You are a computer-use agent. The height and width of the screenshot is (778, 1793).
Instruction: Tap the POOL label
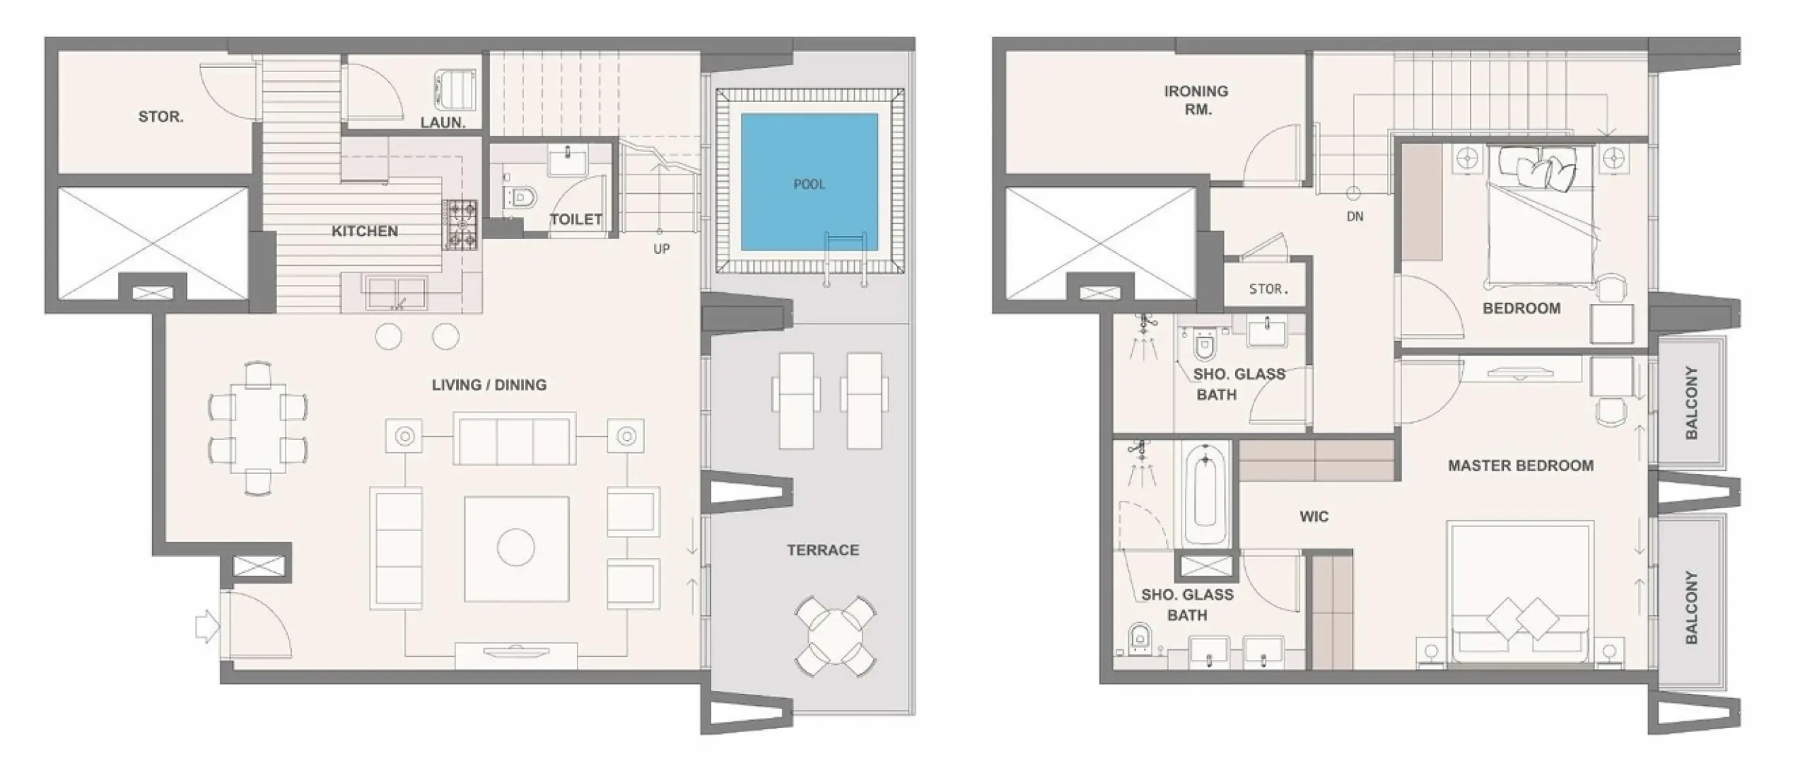809,185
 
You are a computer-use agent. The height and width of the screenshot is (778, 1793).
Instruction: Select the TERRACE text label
823,550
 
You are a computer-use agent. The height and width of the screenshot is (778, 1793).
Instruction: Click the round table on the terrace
835,636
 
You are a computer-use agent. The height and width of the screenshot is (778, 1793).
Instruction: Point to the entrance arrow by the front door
206,627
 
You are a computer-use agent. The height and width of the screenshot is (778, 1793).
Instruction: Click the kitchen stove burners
460,225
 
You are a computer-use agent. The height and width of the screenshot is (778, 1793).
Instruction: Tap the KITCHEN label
365,231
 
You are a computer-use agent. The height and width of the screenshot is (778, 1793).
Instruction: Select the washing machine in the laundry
455,90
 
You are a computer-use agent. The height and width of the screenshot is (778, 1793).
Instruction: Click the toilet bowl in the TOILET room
521,197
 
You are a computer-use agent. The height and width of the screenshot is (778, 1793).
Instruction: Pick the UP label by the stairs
662,249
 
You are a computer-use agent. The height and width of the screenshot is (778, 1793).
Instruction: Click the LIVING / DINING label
489,385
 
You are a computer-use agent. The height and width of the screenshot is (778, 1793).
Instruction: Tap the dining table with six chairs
258,428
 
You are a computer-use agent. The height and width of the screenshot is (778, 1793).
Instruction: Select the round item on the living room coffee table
516,547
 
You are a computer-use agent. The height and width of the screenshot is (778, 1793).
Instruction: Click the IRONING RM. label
1196,100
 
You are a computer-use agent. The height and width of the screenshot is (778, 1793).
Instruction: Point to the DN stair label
1355,216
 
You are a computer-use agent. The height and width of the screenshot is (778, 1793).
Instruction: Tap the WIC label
1314,516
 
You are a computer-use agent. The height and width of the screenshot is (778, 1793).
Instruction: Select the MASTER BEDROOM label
1521,465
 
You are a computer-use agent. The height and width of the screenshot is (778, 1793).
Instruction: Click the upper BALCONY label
1691,402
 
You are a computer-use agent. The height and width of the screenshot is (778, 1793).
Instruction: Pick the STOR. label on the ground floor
161,117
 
